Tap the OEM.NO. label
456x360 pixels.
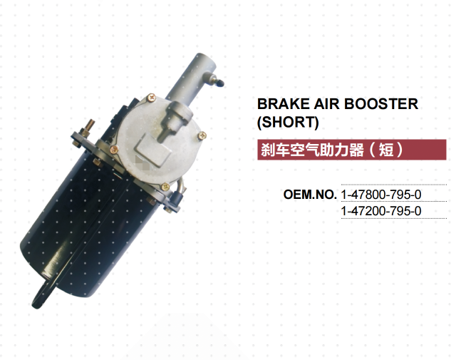click(309, 194)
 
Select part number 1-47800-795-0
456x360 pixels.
click(381, 194)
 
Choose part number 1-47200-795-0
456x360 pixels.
click(381, 211)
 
